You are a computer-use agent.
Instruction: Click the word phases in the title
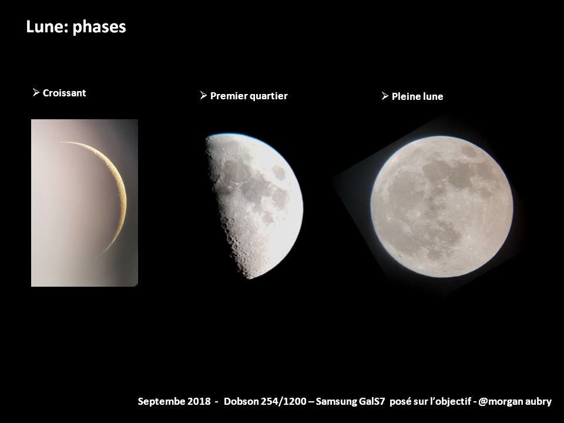[x=99, y=28]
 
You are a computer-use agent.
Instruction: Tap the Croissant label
[x=65, y=93]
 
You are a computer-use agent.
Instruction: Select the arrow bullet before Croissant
[x=36, y=92]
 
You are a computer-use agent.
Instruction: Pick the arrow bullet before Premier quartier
[x=204, y=95]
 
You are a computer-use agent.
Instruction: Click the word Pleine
[x=404, y=96]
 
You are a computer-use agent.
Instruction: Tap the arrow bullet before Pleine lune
[x=385, y=96]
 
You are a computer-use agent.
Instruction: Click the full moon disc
[x=442, y=206]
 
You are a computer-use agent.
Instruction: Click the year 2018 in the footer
[x=199, y=401]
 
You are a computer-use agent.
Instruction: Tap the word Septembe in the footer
[x=161, y=402]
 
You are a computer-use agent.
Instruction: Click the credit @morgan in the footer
[x=501, y=402]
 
